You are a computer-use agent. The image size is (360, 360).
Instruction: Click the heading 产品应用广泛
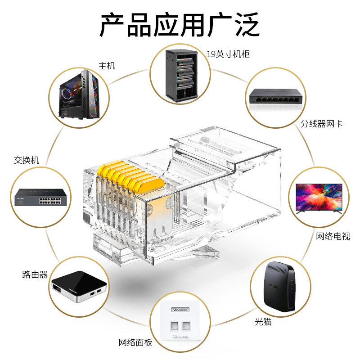point(180,25)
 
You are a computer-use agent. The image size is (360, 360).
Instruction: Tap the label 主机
point(107,66)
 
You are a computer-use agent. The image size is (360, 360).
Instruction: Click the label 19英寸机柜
point(228,54)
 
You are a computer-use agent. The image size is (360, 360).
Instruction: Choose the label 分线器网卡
point(322,123)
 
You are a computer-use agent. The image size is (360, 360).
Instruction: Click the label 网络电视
point(333,236)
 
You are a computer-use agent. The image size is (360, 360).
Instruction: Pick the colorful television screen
point(319,197)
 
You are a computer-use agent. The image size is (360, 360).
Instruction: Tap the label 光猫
point(263,322)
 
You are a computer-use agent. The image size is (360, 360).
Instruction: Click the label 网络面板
point(135,342)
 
